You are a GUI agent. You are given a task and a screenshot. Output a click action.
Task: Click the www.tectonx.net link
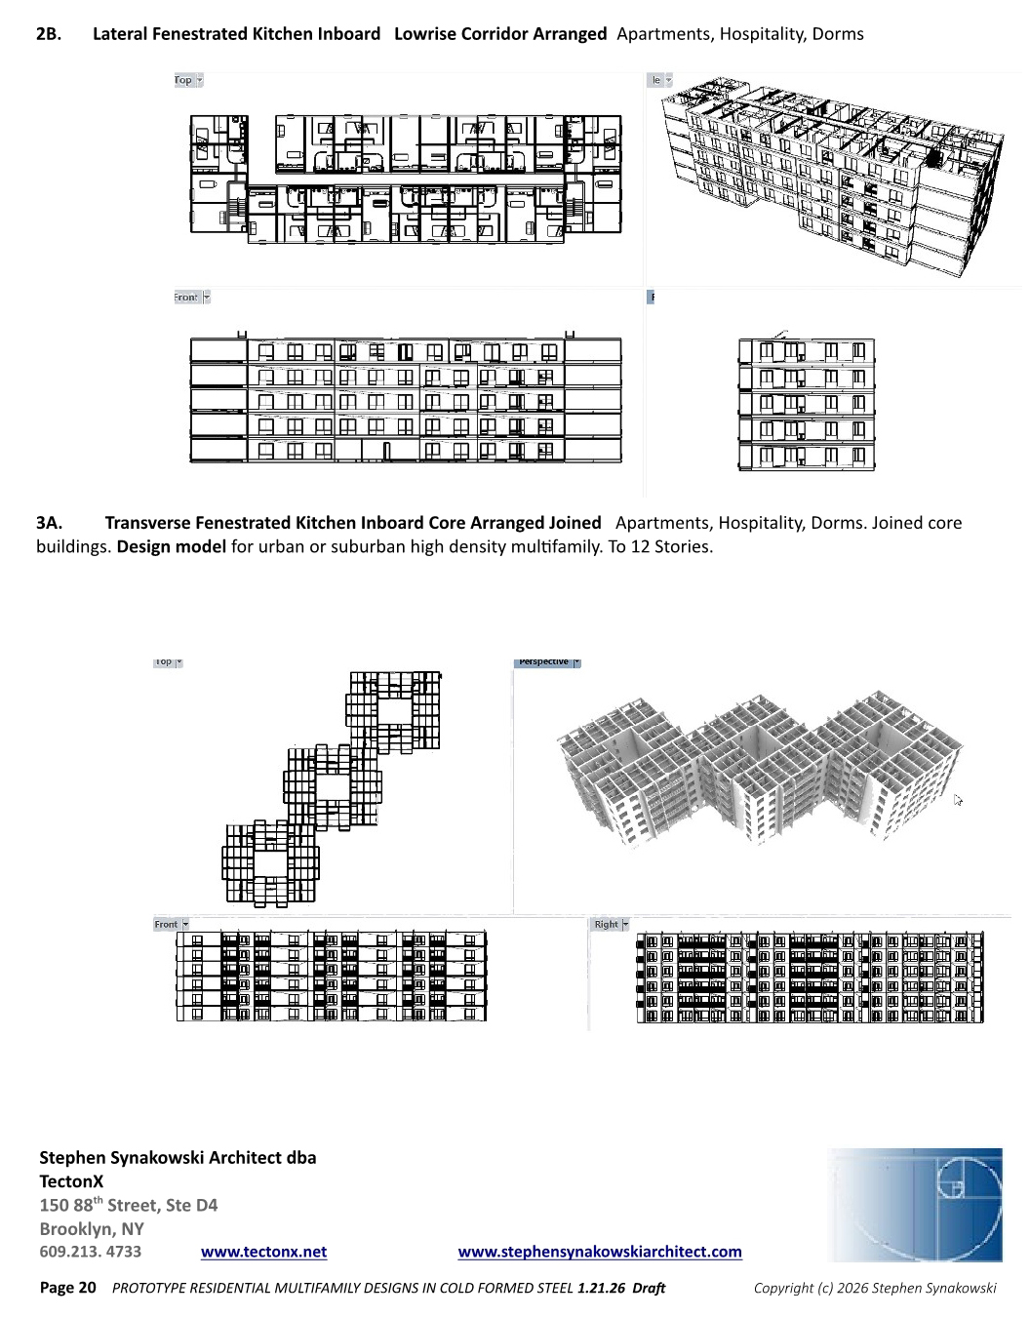(x=263, y=1252)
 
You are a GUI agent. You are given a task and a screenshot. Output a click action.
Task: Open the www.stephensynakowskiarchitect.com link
(x=600, y=1252)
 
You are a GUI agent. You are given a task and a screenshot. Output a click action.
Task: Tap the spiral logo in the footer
(x=915, y=1205)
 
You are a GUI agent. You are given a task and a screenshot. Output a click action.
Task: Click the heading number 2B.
(x=49, y=34)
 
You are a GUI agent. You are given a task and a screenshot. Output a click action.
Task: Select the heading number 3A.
(x=49, y=523)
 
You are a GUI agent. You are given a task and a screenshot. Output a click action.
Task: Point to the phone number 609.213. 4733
(x=90, y=1252)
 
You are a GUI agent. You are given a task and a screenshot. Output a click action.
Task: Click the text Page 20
(x=68, y=1288)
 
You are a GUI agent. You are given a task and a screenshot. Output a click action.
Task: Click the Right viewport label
(x=606, y=925)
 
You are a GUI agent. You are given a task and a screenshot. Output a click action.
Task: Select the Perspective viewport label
(x=543, y=661)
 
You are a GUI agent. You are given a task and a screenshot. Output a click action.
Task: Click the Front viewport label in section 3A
(x=166, y=925)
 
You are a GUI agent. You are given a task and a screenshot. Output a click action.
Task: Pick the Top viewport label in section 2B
(x=183, y=80)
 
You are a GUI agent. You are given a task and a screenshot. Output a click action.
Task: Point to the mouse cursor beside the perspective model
(x=958, y=799)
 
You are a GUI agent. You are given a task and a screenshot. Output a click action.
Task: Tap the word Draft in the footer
(x=649, y=1288)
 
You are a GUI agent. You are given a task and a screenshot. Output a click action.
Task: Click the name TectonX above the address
(x=71, y=1181)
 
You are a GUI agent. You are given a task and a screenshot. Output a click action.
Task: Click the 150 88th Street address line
(x=128, y=1206)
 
